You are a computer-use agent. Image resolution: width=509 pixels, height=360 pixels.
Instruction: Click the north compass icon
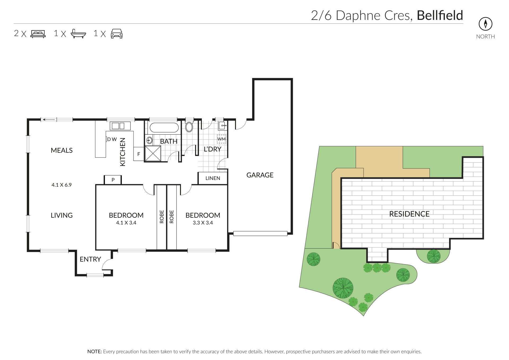click(x=485, y=24)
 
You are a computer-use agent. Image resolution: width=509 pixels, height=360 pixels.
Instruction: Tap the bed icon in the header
click(x=38, y=34)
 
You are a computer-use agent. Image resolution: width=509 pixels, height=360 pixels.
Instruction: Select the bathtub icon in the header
click(x=78, y=34)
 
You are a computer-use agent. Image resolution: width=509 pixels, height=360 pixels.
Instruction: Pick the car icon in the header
click(x=117, y=34)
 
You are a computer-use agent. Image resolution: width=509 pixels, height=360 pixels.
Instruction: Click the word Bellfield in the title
click(x=440, y=15)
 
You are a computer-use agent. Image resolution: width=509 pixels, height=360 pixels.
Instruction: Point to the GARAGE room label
click(x=260, y=175)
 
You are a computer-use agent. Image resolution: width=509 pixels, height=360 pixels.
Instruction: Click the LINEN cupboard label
click(x=213, y=178)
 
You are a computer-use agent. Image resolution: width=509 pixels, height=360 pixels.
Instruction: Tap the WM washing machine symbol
click(x=221, y=139)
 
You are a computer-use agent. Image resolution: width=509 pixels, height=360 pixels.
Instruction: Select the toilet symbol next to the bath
click(x=189, y=127)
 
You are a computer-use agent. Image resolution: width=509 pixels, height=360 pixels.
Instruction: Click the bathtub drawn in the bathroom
click(x=164, y=128)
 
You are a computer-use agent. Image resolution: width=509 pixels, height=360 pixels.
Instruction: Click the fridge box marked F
click(x=139, y=154)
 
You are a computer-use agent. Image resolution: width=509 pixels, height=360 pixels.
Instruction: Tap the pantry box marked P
click(x=113, y=180)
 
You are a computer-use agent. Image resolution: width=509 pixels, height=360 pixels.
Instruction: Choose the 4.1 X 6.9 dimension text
click(x=62, y=185)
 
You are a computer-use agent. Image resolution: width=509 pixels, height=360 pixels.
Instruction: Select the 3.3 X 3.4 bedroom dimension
click(x=203, y=223)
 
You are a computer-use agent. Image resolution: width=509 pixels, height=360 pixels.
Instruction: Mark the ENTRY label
click(x=90, y=259)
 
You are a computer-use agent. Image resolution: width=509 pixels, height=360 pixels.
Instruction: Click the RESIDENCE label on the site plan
click(x=409, y=214)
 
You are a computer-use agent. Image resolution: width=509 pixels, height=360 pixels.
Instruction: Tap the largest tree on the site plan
click(x=343, y=288)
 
